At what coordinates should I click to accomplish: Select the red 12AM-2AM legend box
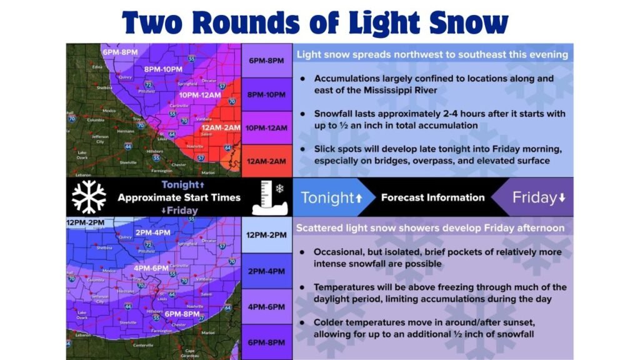(x=267, y=161)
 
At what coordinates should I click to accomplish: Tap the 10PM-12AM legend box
(x=267, y=127)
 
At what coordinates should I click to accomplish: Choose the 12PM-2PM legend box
(x=267, y=235)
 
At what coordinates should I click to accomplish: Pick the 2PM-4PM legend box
(x=267, y=271)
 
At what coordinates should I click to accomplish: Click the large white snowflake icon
(x=89, y=197)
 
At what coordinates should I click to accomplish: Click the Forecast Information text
(x=432, y=198)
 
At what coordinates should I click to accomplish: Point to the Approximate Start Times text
(x=179, y=197)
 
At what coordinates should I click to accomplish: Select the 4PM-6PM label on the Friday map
(x=151, y=268)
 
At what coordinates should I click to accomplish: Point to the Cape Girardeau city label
(x=191, y=352)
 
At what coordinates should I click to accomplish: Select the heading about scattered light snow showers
(x=431, y=227)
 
